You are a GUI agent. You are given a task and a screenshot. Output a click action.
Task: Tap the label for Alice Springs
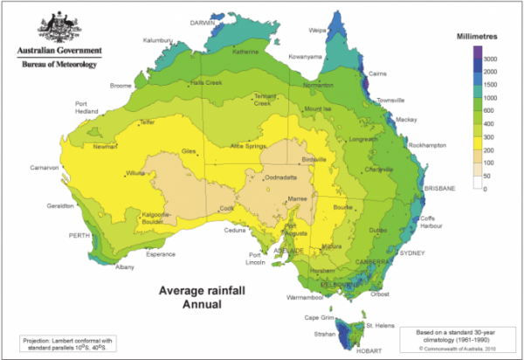(x=248, y=145)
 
